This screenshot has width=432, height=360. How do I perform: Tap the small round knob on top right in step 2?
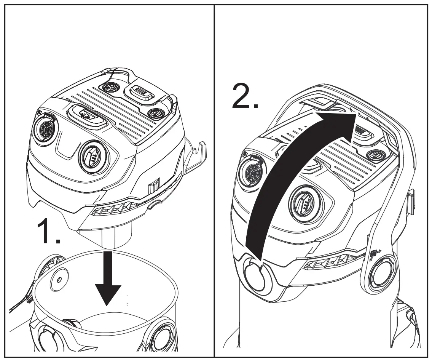pyautogui.click(x=375, y=155)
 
